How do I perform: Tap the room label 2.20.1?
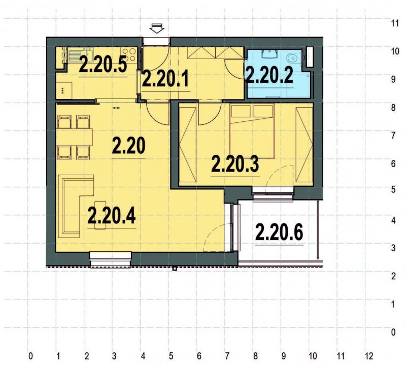click(x=165, y=78)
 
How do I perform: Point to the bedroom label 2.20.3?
click(x=235, y=165)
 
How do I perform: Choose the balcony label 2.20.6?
click(x=279, y=233)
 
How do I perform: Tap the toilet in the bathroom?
click(x=293, y=57)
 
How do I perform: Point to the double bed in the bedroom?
click(x=252, y=129)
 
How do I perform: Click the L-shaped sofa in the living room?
click(x=72, y=205)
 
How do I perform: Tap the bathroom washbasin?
click(x=267, y=55)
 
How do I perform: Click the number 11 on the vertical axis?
click(x=393, y=23)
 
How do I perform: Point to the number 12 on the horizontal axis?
click(x=369, y=355)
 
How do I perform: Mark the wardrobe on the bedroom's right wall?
click(x=304, y=146)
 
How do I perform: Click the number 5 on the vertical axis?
click(x=393, y=191)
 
